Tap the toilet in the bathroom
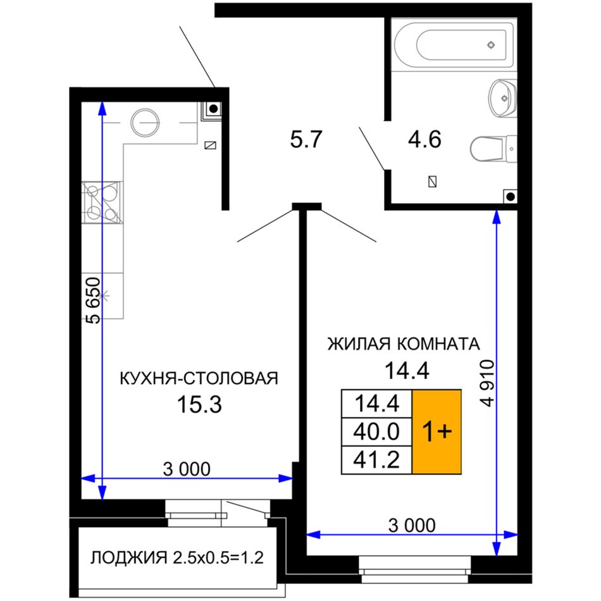[493, 149]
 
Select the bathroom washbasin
[503, 99]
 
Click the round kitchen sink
[144, 123]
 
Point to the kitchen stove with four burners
[102, 202]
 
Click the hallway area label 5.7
[306, 139]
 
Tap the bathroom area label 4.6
[424, 139]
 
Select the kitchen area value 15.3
[199, 404]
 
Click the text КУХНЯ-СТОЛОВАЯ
[199, 378]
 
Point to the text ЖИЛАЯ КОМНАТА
[404, 344]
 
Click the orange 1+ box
[437, 431]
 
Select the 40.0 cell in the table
[377, 431]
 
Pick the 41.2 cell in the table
[377, 459]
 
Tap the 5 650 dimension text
[93, 300]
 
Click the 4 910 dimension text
[488, 383]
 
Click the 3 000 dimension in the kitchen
[187, 469]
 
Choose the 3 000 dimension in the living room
[412, 525]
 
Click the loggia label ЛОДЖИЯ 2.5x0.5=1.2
[177, 558]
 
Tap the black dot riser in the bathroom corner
[510, 197]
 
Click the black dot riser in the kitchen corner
[213, 108]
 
